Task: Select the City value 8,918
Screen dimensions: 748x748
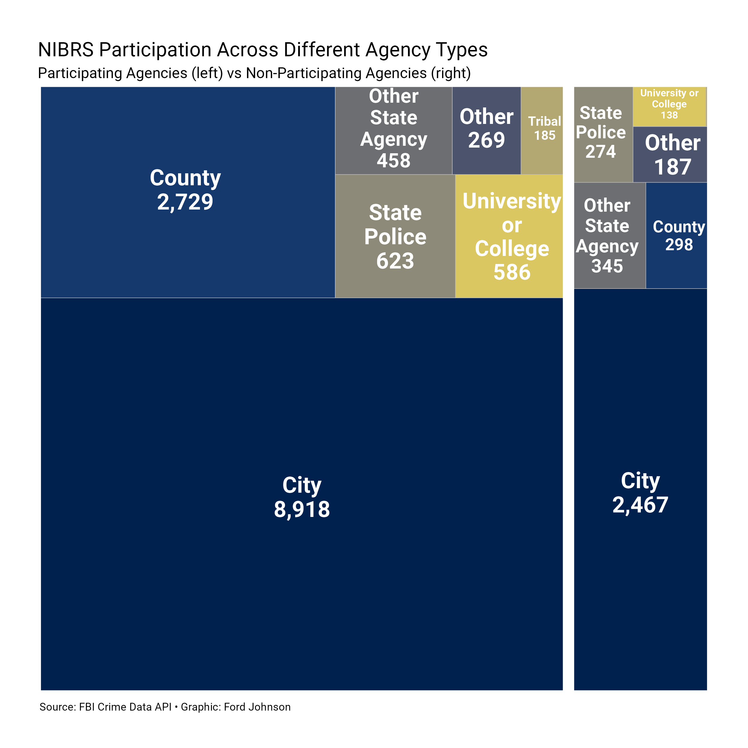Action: pos(302,509)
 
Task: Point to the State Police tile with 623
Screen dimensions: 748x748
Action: pos(395,236)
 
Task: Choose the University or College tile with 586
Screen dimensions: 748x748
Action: pos(509,236)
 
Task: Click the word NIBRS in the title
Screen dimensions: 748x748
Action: pos(66,50)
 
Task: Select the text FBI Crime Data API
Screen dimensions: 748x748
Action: pos(125,707)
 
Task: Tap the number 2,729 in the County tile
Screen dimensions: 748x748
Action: pos(185,202)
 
